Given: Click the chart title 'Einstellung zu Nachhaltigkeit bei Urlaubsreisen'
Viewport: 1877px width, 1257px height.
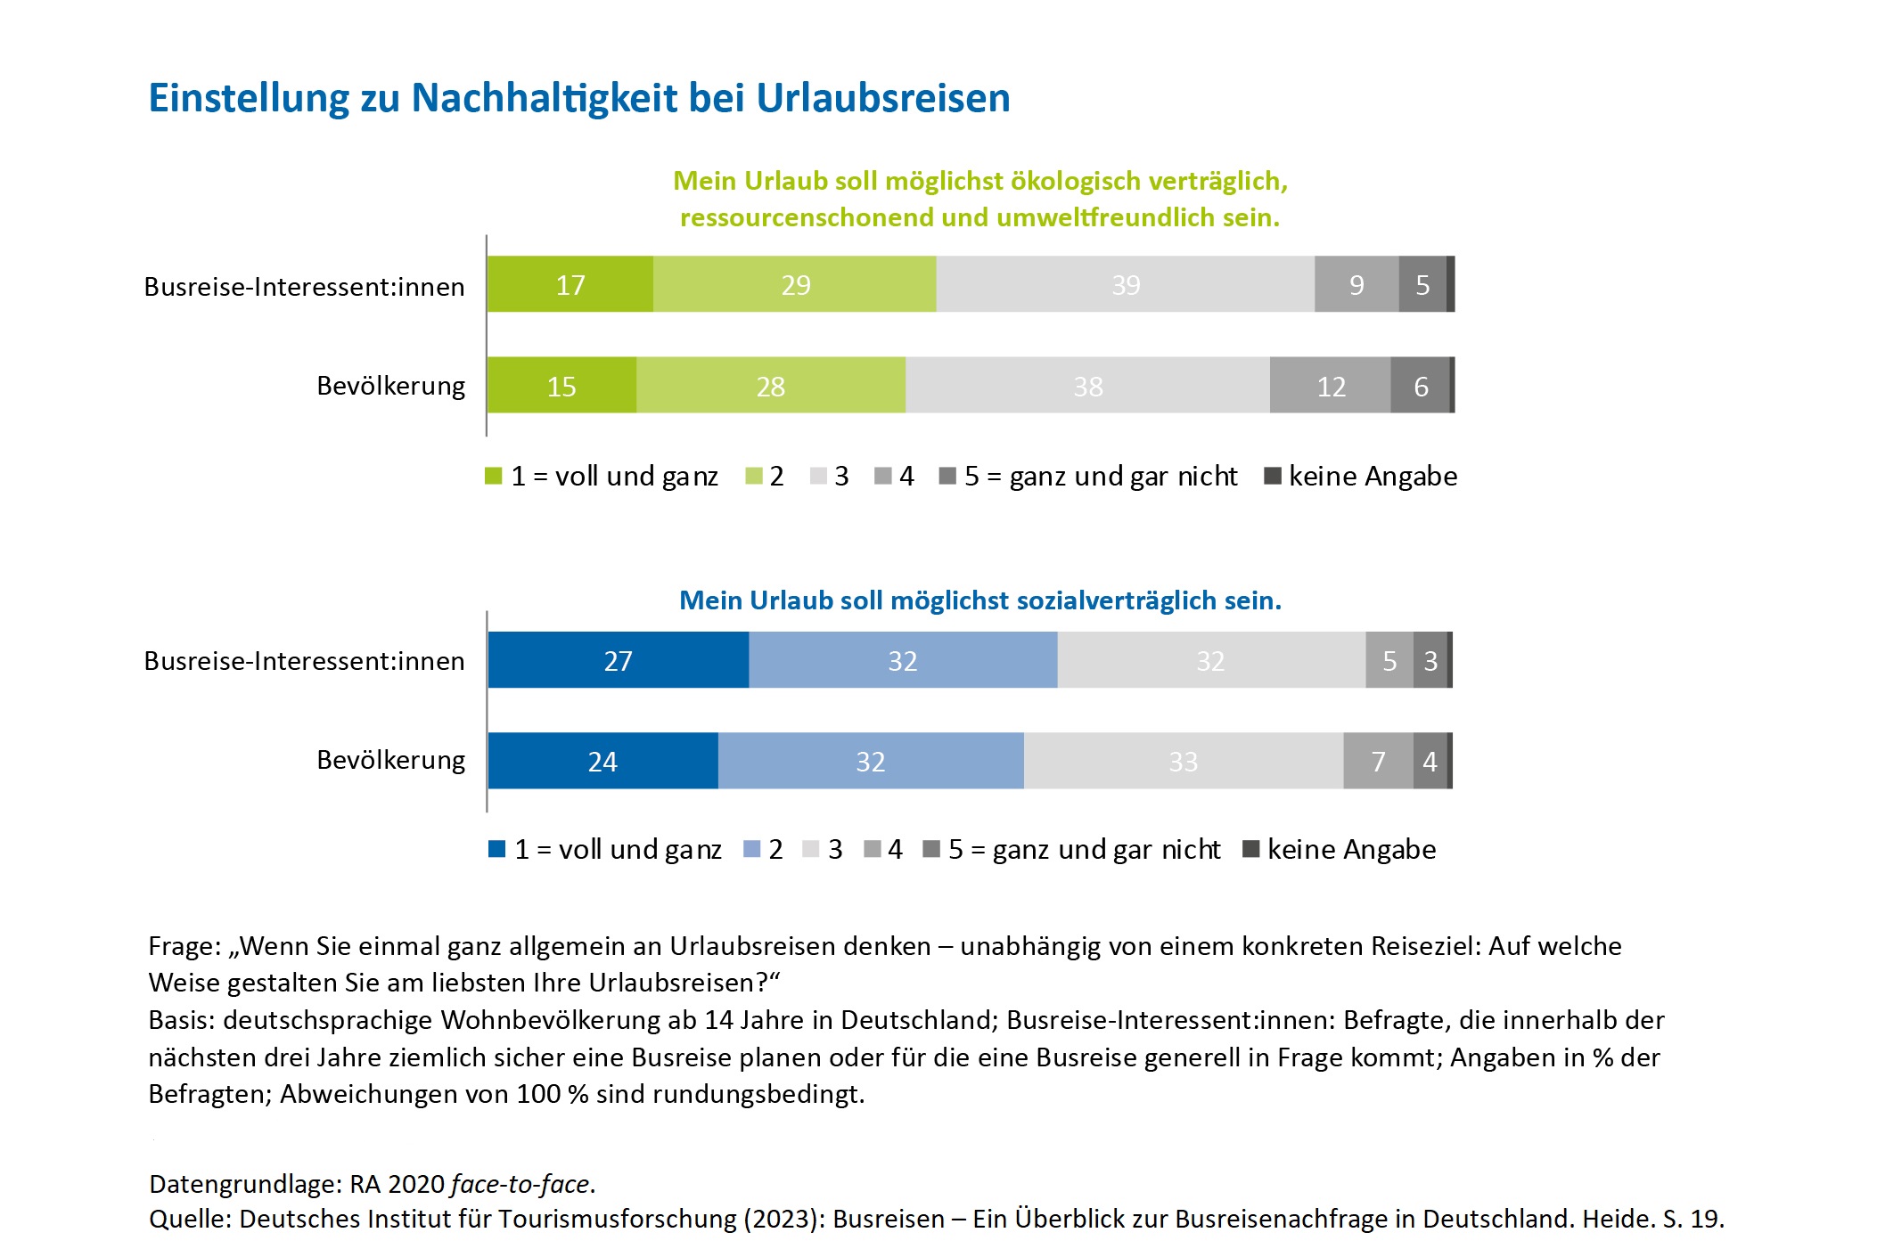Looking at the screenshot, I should click(579, 98).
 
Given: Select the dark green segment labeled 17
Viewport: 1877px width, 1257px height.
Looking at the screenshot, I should click(570, 284).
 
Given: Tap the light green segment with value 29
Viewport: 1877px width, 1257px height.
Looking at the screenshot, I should click(795, 284).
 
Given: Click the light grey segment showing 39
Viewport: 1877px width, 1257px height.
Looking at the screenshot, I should click(1125, 284).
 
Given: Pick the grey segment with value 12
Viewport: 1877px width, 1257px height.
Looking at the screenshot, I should click(1330, 386).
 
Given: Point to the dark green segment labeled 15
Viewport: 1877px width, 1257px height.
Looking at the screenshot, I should click(561, 386).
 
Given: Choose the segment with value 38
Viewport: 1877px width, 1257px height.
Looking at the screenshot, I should click(1087, 386).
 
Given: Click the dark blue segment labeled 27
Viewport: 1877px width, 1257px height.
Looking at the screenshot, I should click(618, 660).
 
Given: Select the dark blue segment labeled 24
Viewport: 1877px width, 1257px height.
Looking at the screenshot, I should click(602, 761).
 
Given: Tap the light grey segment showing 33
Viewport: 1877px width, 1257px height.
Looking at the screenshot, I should click(1183, 761).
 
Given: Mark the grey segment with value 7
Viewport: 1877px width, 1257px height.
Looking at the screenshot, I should click(1378, 761).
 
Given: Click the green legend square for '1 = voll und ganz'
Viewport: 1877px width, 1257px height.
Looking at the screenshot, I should click(494, 476).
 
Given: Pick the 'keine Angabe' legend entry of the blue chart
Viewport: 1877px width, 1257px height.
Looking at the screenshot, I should click(1350, 849).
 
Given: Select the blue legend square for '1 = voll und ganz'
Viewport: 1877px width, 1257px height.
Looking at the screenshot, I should click(497, 849).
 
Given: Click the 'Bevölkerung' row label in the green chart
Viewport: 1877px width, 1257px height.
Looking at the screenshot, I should click(390, 386).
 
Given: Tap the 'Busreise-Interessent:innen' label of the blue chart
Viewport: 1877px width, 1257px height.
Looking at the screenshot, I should click(304, 661).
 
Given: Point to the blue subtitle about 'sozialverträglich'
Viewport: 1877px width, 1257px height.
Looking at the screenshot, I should click(979, 600).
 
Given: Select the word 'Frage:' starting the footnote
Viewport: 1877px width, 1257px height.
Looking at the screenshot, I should click(184, 946).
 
